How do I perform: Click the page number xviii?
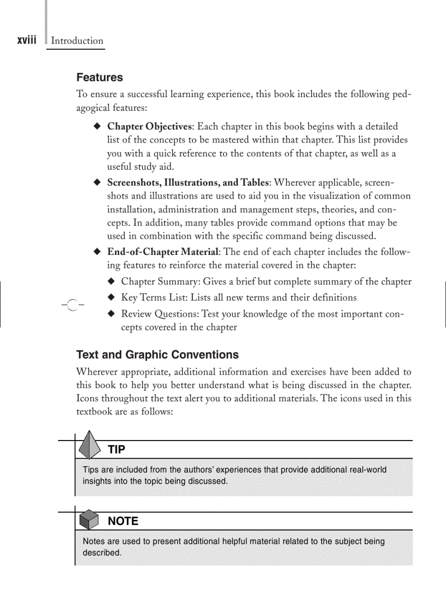(x=27, y=40)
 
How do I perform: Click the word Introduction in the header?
(x=77, y=41)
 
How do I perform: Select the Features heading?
(x=99, y=78)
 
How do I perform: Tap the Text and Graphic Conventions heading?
(x=157, y=355)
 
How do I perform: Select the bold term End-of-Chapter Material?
(x=163, y=252)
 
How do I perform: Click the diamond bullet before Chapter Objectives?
(x=97, y=127)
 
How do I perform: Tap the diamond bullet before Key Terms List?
(x=111, y=297)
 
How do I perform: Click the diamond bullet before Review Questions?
(x=111, y=314)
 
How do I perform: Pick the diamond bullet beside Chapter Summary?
(x=111, y=282)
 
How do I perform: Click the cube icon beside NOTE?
(x=89, y=521)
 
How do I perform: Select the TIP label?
(x=116, y=450)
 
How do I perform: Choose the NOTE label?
(x=123, y=521)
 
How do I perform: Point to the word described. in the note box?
(x=102, y=553)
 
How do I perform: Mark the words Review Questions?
(x=160, y=314)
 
